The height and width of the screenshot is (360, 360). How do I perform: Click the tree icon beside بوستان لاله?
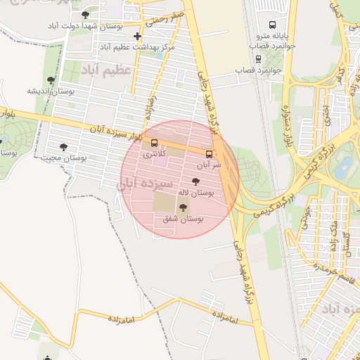coord(196,181)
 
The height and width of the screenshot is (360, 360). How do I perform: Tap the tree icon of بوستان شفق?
coord(184,207)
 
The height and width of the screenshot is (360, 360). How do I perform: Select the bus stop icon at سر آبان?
coord(208,153)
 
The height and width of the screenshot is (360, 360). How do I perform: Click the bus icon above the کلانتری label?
coord(155,143)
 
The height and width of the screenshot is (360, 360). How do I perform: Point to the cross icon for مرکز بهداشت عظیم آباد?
coord(137,36)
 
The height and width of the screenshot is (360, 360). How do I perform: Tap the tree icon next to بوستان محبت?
coord(63,147)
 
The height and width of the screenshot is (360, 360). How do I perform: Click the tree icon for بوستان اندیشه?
coord(51,80)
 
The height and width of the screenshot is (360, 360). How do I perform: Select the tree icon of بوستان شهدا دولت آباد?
coord(86,14)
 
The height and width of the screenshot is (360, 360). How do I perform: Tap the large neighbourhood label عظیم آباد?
coord(105,71)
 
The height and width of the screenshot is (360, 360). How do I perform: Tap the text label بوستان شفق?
coord(184,219)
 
